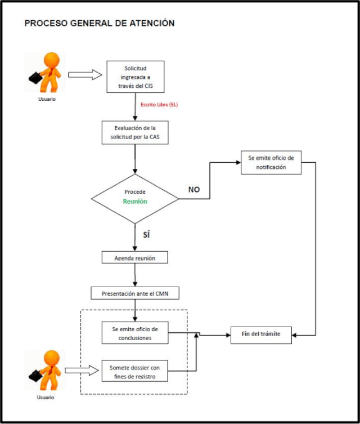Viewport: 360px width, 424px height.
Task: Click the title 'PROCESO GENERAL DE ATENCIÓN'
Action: pyautogui.click(x=100, y=24)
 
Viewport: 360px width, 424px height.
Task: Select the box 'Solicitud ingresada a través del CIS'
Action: pyautogui.click(x=135, y=77)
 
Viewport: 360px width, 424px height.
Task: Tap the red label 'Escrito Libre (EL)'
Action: pyautogui.click(x=159, y=105)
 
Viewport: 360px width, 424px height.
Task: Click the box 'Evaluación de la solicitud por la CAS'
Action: pyautogui.click(x=135, y=132)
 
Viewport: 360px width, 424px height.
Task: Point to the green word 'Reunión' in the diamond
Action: pyautogui.click(x=136, y=201)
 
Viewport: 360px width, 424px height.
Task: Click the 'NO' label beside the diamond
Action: pyautogui.click(x=194, y=190)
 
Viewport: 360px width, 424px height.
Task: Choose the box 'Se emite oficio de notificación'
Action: pyautogui.click(x=271, y=162)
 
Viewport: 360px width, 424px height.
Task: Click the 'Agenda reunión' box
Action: pyautogui.click(x=135, y=258)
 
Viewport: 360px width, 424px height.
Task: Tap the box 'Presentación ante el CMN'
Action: pyautogui.click(x=134, y=293)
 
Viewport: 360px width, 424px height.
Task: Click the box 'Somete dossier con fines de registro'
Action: pyautogui.click(x=135, y=371)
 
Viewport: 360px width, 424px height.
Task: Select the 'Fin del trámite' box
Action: pyautogui.click(x=262, y=334)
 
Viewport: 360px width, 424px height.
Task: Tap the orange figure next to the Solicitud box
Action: pyautogui.click(x=46, y=72)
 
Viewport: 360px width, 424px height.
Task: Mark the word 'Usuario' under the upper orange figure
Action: pyautogui.click(x=47, y=99)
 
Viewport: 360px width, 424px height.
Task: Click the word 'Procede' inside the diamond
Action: pyautogui.click(x=135, y=191)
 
